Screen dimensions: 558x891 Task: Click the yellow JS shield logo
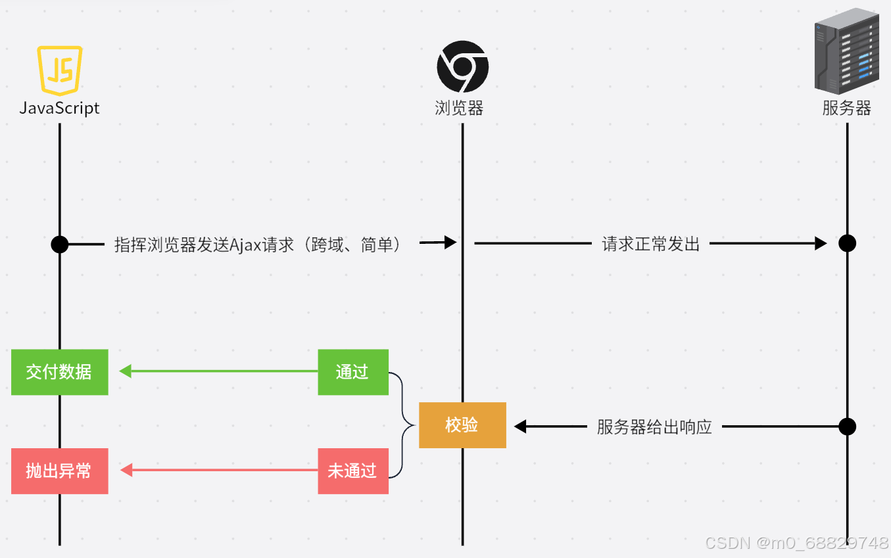point(60,70)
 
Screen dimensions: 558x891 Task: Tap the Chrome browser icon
point(462,66)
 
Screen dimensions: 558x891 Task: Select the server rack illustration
point(847,51)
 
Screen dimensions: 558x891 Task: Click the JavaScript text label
point(60,108)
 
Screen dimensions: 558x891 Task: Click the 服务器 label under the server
point(846,108)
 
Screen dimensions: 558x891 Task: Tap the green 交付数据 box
point(59,372)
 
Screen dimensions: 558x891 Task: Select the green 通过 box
point(352,372)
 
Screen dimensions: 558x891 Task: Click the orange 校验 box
point(462,425)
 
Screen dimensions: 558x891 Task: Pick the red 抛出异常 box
point(59,471)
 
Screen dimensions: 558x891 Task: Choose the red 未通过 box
point(352,471)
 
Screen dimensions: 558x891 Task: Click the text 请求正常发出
point(650,244)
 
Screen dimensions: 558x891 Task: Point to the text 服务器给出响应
point(654,427)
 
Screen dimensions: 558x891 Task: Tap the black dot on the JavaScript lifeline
point(60,244)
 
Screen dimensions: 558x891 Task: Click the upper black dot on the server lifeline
point(847,244)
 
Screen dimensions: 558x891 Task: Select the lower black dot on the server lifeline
point(847,427)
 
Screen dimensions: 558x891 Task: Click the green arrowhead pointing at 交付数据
point(125,371)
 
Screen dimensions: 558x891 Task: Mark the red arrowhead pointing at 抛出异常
point(126,470)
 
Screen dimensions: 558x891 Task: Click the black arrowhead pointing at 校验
point(520,427)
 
